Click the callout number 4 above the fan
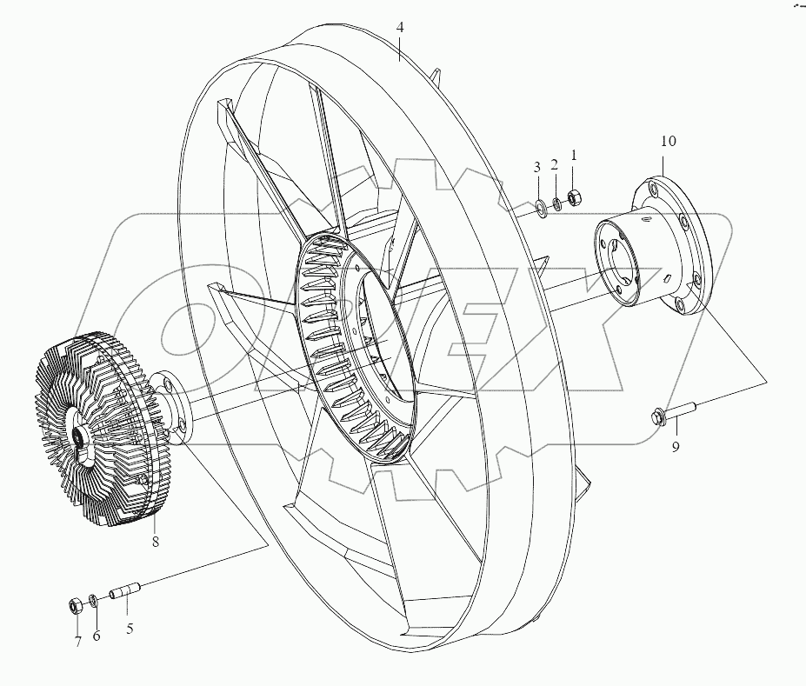click(x=399, y=28)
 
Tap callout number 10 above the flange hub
click(x=668, y=141)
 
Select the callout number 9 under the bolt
click(x=675, y=447)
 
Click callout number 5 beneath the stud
click(x=130, y=629)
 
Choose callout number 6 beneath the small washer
click(x=97, y=636)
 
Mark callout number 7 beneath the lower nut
click(x=77, y=642)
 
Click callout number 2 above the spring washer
click(x=556, y=165)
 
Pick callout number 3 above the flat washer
click(x=537, y=166)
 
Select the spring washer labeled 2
click(x=556, y=203)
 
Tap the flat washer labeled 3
click(x=538, y=207)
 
